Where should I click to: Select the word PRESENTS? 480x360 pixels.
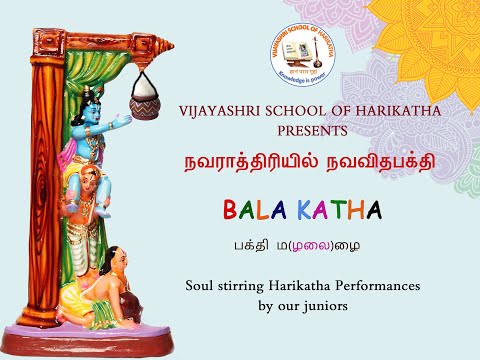tap(319, 130)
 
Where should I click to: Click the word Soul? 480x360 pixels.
tap(201, 286)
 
